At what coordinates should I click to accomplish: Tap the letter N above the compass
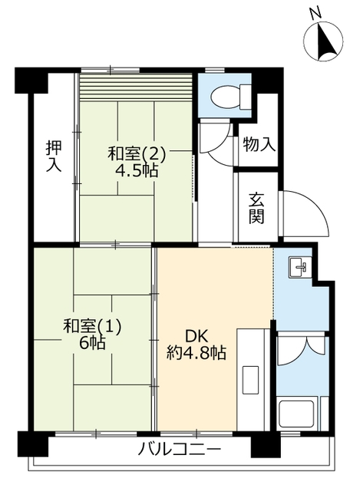[314, 12]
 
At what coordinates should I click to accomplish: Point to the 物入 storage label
[258, 144]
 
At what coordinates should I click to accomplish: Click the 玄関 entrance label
[256, 207]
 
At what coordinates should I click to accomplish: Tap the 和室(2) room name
[136, 154]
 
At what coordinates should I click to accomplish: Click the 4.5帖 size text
[137, 171]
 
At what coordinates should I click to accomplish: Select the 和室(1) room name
[91, 326]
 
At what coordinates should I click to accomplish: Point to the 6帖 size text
[91, 343]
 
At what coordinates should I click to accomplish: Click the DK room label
[195, 335]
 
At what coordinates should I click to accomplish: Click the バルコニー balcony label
[180, 449]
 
